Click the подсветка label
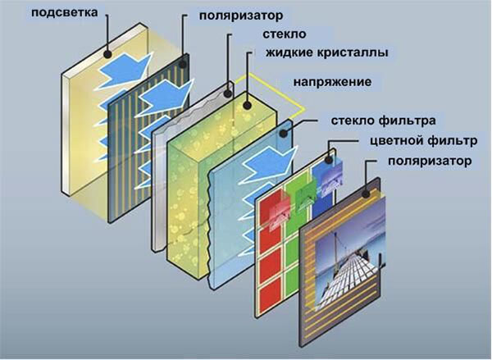tap(64, 13)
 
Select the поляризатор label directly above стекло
tap(240, 16)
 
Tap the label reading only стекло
tap(284, 34)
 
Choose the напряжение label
tap(332, 82)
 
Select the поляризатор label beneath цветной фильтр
tap(430, 162)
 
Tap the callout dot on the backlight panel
tap(108, 54)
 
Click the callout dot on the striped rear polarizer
tap(183, 65)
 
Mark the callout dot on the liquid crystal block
tap(248, 105)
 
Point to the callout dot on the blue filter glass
tap(284, 133)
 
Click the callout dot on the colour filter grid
tap(329, 160)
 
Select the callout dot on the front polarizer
tap(366, 194)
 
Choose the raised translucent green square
tap(306, 194)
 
